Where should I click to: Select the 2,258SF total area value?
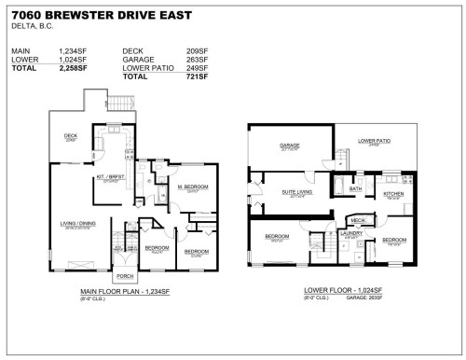[73, 68]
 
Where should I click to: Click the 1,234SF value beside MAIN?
[73, 52]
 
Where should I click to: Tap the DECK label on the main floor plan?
[70, 136]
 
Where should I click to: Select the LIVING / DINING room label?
[77, 224]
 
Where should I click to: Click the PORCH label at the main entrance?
[124, 276]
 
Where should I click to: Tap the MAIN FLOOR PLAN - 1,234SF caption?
[124, 292]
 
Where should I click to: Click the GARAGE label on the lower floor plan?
[291, 145]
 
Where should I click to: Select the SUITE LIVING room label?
[298, 192]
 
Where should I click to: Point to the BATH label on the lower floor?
[355, 189]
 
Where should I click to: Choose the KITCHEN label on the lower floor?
[393, 193]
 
